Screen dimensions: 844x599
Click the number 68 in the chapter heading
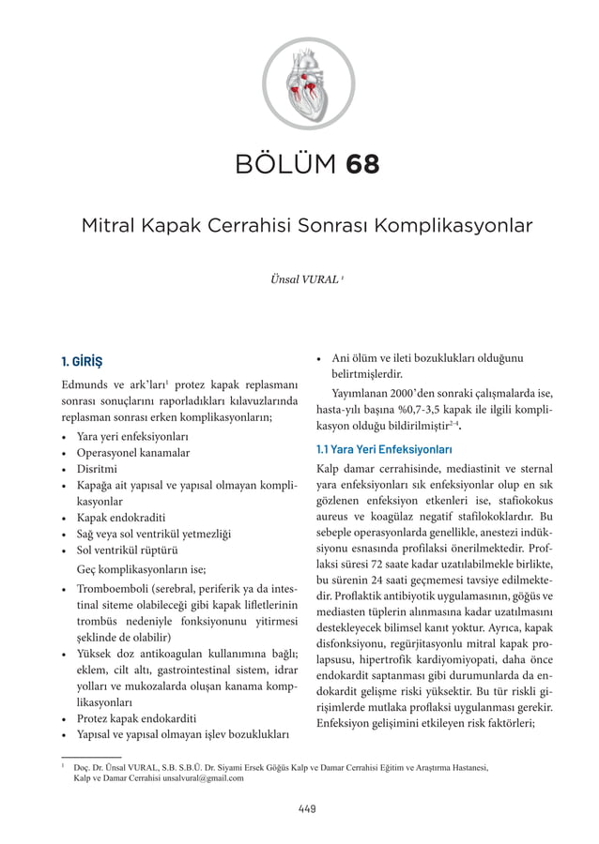tap(362, 166)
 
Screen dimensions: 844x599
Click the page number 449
tap(299, 808)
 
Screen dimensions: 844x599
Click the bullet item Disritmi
tap(96, 469)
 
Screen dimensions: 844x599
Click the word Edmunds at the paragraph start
tap(84, 386)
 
